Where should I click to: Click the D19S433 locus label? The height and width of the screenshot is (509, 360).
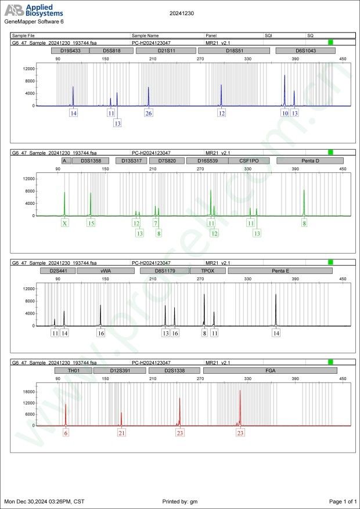pyautogui.click(x=70, y=51)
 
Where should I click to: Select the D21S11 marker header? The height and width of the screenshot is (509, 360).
pyautogui.click(x=167, y=51)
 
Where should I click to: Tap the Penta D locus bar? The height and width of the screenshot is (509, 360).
pyautogui.click(x=310, y=161)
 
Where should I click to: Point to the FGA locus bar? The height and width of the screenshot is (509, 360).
pyautogui.click(x=270, y=370)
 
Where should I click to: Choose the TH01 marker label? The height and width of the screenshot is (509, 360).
pyautogui.click(x=73, y=370)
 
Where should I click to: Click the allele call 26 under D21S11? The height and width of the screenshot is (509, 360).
pyautogui.click(x=149, y=113)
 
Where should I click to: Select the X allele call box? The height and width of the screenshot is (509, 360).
pyautogui.click(x=64, y=223)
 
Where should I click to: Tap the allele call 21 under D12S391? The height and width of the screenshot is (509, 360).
pyautogui.click(x=121, y=432)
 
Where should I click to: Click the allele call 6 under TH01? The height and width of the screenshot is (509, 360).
pyautogui.click(x=66, y=432)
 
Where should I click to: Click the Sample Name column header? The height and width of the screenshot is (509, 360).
pyautogui.click(x=145, y=35)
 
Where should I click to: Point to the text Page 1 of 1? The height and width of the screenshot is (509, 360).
pyautogui.click(x=342, y=501)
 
